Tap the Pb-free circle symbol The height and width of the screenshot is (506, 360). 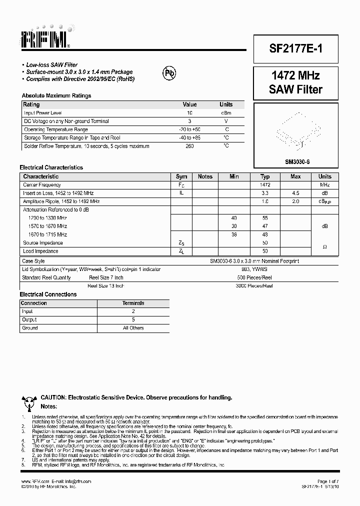tap(169, 73)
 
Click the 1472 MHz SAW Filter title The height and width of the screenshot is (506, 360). tap(288, 82)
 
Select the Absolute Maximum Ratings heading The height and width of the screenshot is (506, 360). tap(56, 95)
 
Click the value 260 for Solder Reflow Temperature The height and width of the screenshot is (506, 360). tap(189, 146)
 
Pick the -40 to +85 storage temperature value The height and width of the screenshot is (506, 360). tap(189, 137)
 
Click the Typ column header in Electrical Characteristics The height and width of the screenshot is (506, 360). tap(265, 176)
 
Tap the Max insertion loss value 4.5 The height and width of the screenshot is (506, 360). tap(295, 193)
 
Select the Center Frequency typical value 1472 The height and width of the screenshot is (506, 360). tap(265, 185)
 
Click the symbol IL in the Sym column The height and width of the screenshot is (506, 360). tap(181, 193)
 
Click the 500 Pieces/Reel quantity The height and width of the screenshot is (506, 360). tap(254, 277)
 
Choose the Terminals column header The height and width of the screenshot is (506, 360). tap(133, 303)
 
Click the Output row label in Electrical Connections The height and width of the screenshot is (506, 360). tap(29, 319)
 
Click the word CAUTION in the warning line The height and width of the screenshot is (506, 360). tap(53, 397)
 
